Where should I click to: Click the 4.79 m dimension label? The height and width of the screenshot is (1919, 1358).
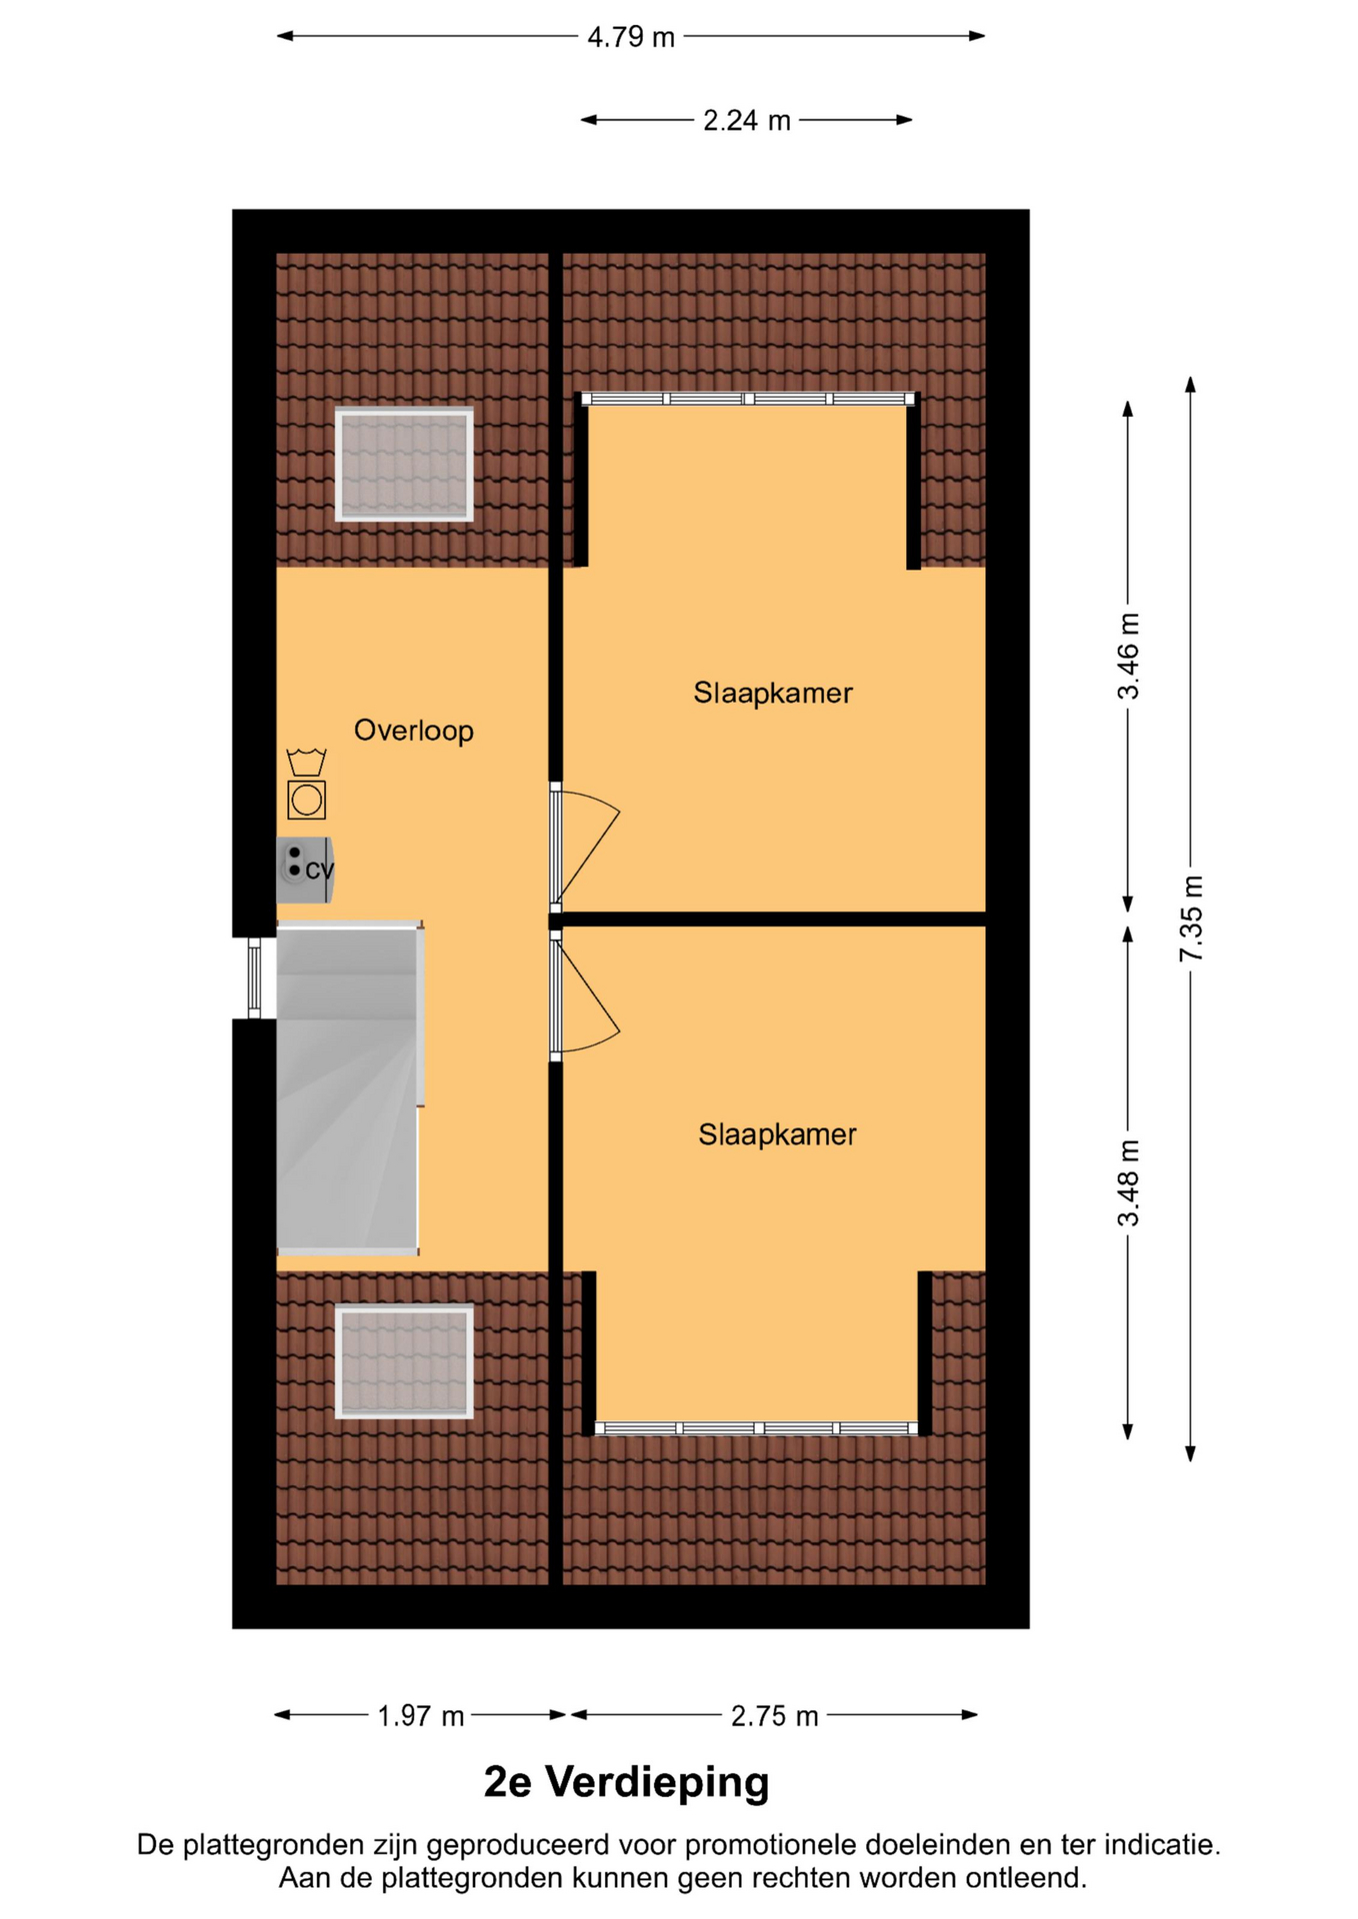pyautogui.click(x=631, y=37)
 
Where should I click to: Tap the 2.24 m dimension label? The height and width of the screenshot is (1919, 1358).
pyautogui.click(x=746, y=121)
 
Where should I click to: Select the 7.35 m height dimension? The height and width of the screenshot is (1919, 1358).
pyautogui.click(x=1190, y=919)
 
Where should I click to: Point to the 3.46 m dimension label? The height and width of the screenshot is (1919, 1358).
pyautogui.click(x=1128, y=656)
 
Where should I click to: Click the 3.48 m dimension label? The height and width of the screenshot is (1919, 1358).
pyautogui.click(x=1128, y=1182)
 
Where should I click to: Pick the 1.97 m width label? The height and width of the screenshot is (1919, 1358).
pyautogui.click(x=420, y=1716)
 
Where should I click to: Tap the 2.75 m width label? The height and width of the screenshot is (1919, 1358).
pyautogui.click(x=774, y=1716)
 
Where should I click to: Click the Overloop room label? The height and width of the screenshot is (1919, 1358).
pyautogui.click(x=413, y=731)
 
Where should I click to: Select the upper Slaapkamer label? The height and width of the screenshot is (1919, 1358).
pyautogui.click(x=773, y=693)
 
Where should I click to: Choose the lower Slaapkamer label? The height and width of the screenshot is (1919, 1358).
pyautogui.click(x=777, y=1134)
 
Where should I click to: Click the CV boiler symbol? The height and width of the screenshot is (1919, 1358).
pyautogui.click(x=305, y=870)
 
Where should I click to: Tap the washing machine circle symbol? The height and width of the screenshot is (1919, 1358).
pyautogui.click(x=306, y=800)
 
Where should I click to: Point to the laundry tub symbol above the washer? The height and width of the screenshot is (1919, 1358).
pyautogui.click(x=306, y=762)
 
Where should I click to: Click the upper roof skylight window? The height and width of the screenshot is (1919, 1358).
pyautogui.click(x=404, y=465)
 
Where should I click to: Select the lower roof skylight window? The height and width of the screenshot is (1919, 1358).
pyautogui.click(x=404, y=1360)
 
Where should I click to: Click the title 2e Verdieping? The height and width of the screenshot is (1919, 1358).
pyautogui.click(x=626, y=1782)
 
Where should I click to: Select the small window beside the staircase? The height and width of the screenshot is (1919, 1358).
pyautogui.click(x=254, y=978)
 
